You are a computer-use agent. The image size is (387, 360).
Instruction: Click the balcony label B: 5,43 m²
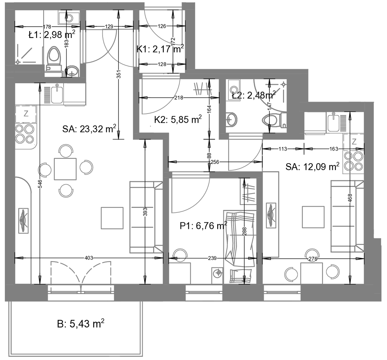[80, 323]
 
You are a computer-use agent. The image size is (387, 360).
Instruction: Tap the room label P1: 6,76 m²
[203, 226]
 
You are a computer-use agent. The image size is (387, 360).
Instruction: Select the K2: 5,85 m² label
[178, 119]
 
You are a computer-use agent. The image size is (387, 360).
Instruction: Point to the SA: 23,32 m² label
[89, 129]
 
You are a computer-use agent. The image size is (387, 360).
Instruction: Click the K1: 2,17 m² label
[160, 49]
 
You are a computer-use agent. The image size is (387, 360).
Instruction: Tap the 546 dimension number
[41, 184]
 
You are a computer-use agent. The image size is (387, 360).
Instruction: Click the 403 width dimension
[89, 258]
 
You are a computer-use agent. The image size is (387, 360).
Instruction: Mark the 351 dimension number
[119, 74]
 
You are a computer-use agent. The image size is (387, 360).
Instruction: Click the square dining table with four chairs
[65, 169]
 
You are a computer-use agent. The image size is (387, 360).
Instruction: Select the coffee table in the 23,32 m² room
[112, 218]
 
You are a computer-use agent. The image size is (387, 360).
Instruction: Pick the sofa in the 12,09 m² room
[347, 217]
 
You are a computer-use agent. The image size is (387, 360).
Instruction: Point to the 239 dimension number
[212, 258]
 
